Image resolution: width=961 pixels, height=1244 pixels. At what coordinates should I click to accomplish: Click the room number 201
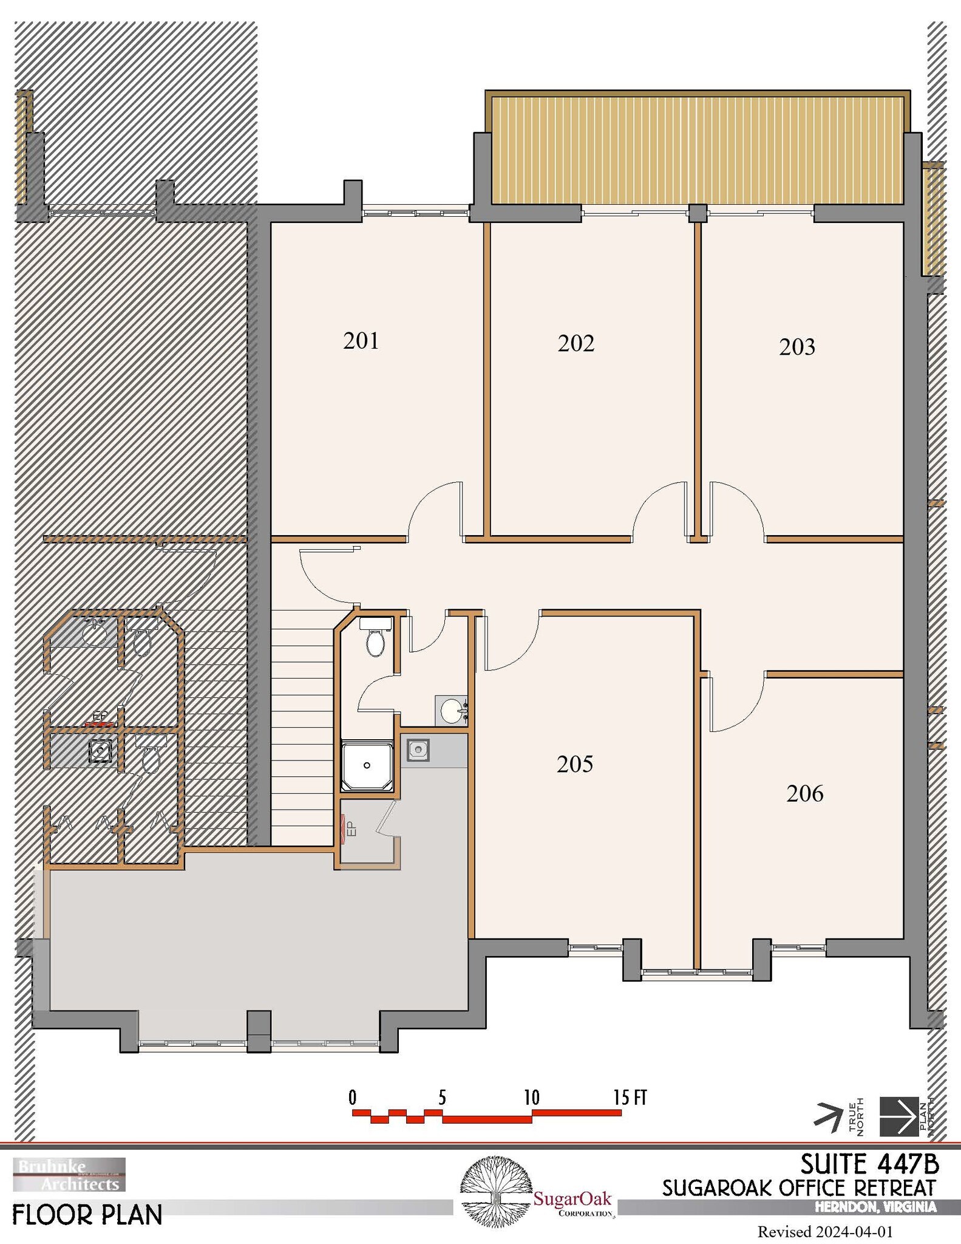pos(361,341)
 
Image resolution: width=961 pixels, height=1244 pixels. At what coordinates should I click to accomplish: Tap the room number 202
pos(576,343)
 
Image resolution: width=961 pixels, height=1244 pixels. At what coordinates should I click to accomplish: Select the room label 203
pos(796,347)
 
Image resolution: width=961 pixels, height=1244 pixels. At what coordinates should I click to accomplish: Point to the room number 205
pos(574,764)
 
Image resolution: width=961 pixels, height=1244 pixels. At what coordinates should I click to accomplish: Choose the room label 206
pos(804,793)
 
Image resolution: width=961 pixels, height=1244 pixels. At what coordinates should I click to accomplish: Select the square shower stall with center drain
pos(367,765)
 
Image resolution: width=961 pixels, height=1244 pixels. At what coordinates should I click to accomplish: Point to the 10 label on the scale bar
pos(531,1098)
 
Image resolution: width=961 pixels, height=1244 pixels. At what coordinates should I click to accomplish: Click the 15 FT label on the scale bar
pos(630,1098)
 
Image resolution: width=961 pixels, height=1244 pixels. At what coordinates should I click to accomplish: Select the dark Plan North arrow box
pos(899,1116)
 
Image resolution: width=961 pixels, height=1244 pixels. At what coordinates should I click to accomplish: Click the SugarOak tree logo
pos(493,1192)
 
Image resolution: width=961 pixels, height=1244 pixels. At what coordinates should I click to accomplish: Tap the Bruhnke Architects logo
pos(69,1174)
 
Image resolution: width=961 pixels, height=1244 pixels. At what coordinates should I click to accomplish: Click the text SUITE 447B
pos(869,1164)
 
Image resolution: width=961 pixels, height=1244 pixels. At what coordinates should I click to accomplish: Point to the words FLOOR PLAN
pos(87,1215)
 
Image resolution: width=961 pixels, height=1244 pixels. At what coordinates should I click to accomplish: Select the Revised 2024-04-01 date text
pos(825,1232)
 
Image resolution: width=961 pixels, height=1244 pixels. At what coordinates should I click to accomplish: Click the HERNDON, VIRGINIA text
pos(875,1207)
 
